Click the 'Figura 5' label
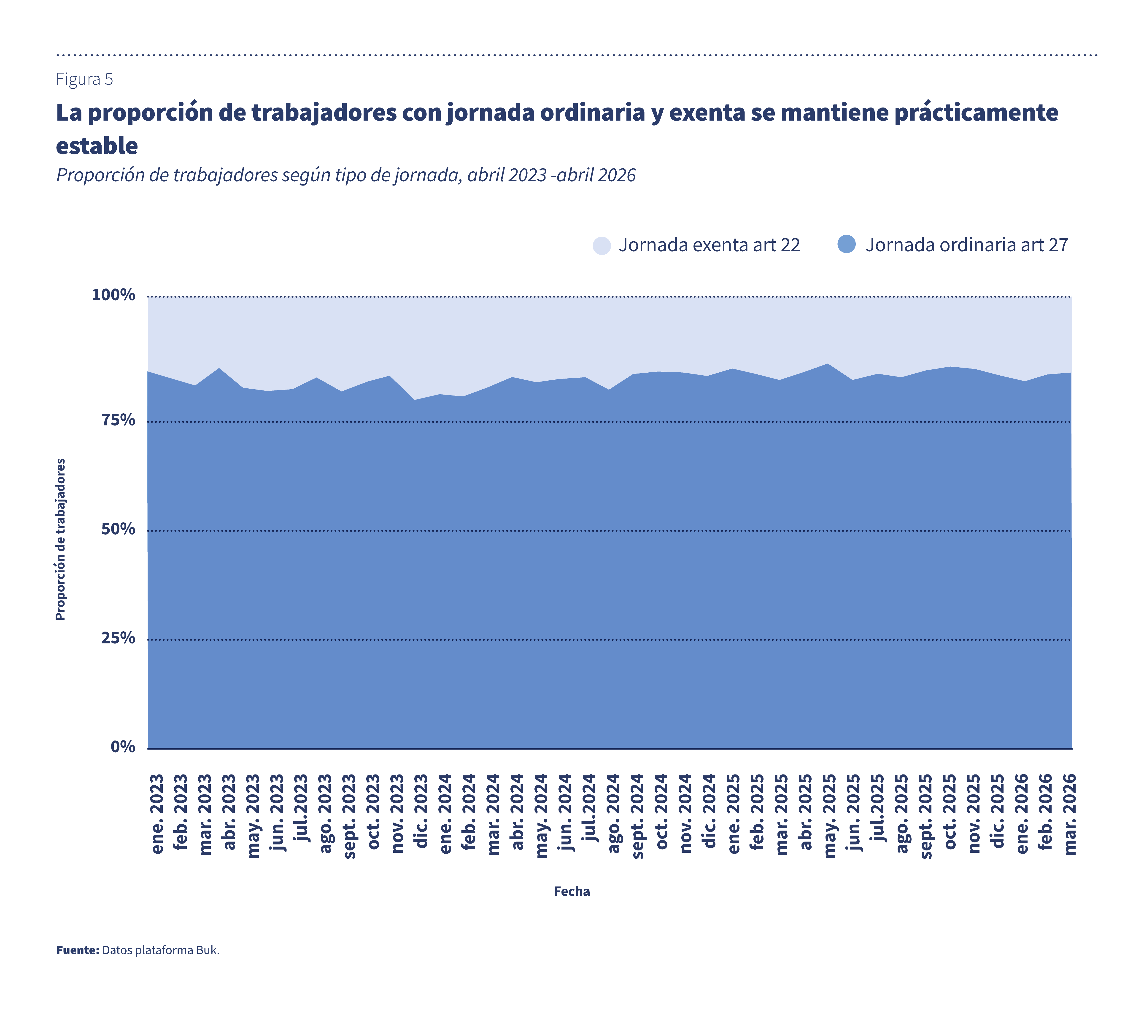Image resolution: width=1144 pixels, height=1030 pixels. pos(84,79)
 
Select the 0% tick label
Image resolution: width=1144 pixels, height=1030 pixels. pos(123,747)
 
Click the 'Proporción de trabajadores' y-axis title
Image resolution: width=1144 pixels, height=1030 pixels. pos(60,539)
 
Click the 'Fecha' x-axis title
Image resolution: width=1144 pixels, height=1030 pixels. pos(572,891)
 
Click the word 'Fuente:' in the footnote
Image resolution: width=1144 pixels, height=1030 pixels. pos(78,950)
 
